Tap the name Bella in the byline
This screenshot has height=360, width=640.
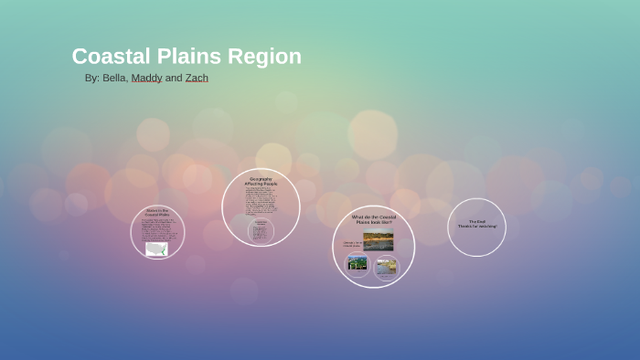click(x=114, y=79)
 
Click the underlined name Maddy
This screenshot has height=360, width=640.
click(x=146, y=79)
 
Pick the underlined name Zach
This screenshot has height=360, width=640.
click(x=197, y=79)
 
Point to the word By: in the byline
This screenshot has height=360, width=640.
click(x=91, y=79)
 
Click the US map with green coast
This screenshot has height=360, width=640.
click(x=156, y=249)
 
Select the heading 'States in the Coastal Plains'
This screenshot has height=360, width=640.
click(x=157, y=212)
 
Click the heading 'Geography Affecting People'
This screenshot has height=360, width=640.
click(x=261, y=181)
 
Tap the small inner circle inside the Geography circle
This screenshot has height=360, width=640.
click(x=261, y=230)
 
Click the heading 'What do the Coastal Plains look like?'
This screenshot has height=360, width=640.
click(x=373, y=219)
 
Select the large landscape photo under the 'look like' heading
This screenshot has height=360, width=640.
click(x=378, y=241)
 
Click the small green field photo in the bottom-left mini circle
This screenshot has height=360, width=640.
click(x=357, y=263)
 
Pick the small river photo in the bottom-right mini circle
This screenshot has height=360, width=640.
click(x=386, y=267)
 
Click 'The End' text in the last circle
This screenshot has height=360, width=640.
click(x=476, y=221)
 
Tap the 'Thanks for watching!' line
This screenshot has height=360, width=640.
click(x=477, y=226)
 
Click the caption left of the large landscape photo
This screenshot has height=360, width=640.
click(x=351, y=243)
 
